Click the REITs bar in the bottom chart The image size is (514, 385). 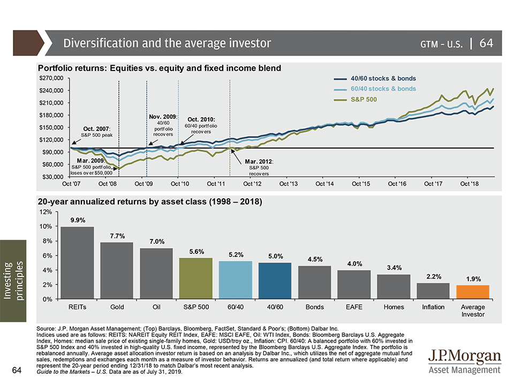[77, 263]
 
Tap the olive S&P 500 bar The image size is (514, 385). [196, 279]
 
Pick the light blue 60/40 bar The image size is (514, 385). [236, 280]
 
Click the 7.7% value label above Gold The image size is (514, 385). [117, 236]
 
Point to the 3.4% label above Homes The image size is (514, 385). [394, 267]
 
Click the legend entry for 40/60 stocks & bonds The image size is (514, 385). [383, 79]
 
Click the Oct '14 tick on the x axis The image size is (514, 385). [324, 184]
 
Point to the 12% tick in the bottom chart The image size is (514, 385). [46, 212]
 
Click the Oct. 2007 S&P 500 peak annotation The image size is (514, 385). [97, 132]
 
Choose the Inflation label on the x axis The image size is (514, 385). [433, 307]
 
